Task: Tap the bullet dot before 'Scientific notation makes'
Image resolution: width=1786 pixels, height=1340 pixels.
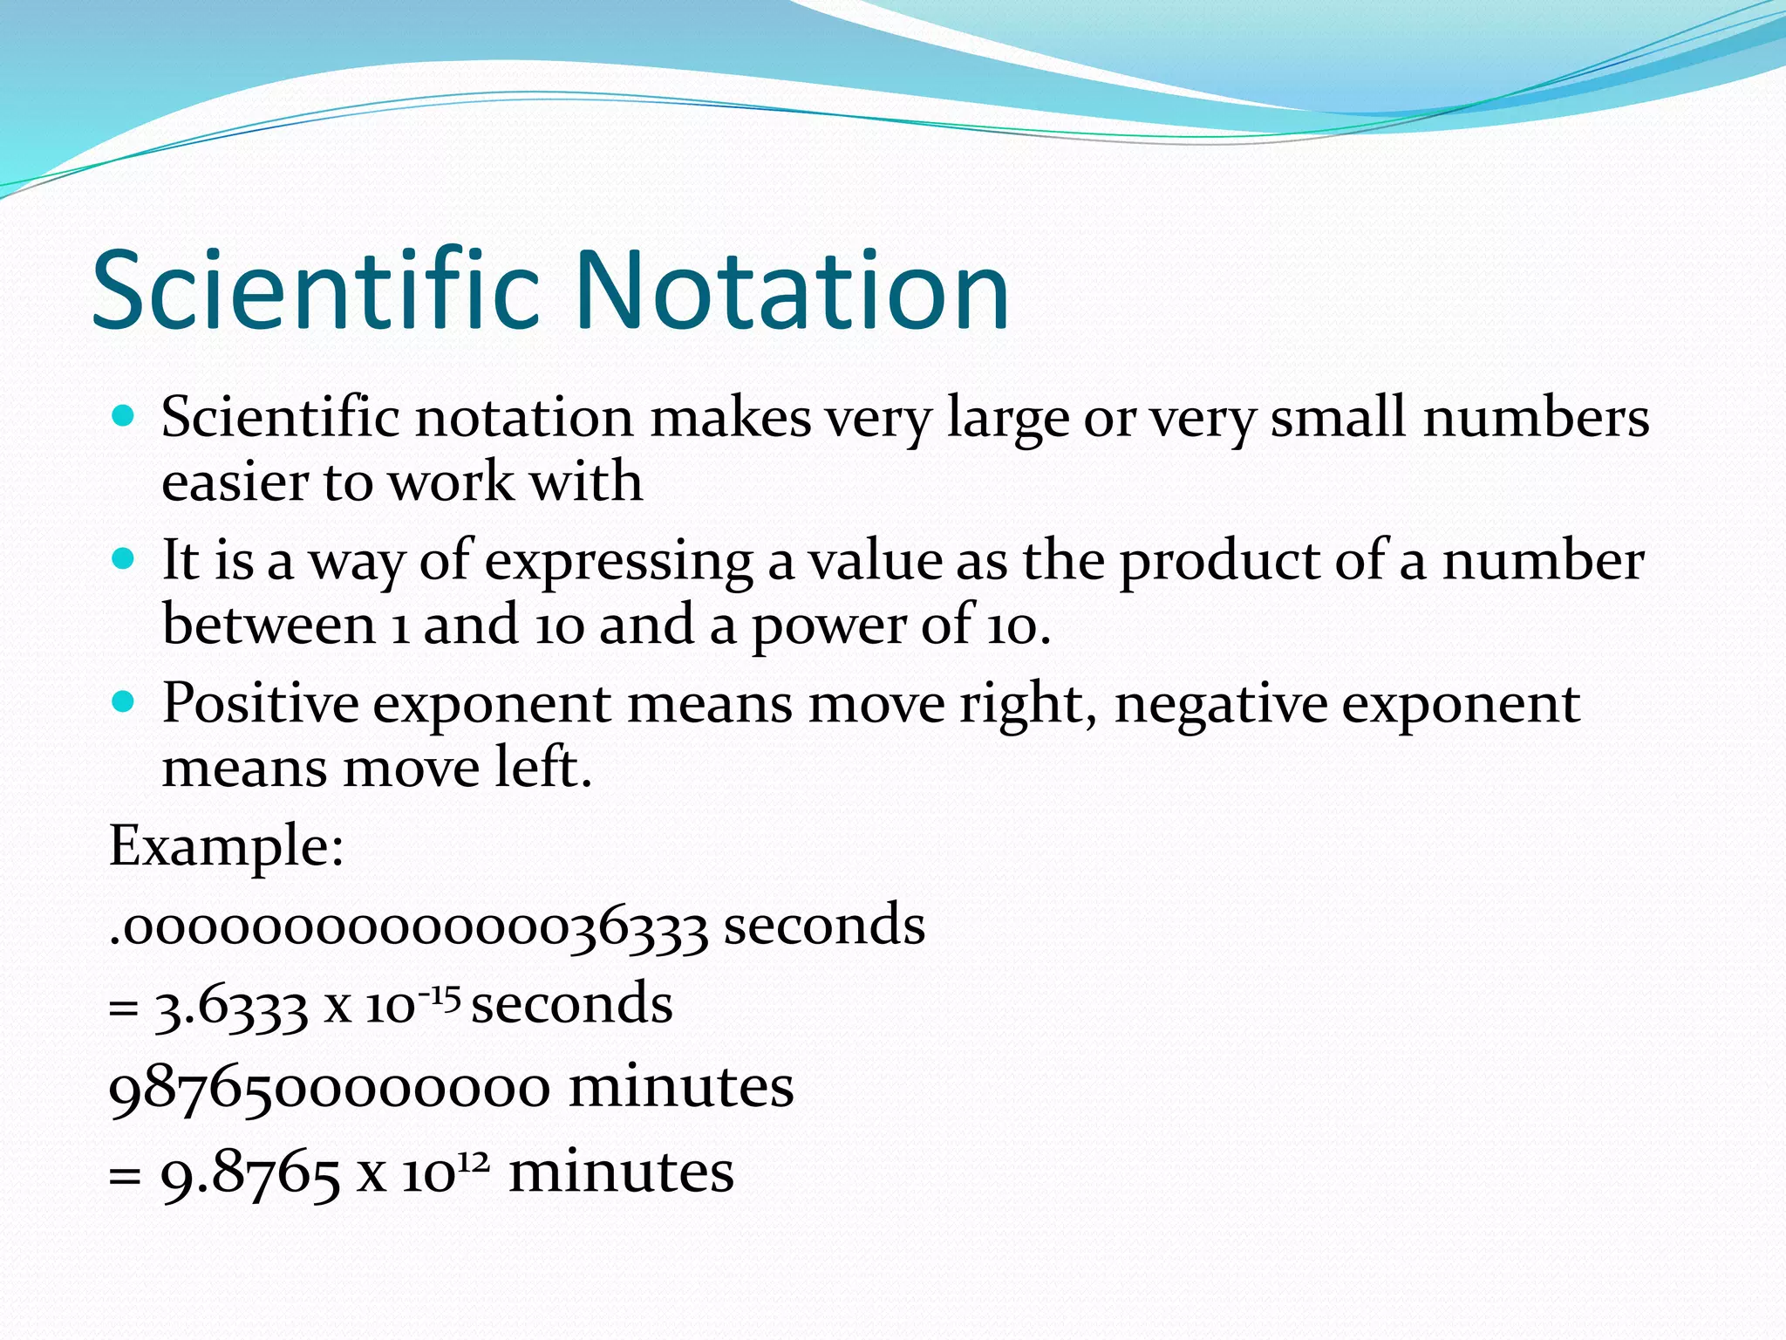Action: coord(124,416)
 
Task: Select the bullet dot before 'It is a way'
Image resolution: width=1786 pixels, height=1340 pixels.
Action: coord(124,558)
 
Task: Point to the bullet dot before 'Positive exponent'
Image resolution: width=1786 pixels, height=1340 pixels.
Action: coord(124,701)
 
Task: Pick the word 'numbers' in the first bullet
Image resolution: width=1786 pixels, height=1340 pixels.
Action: coord(1536,417)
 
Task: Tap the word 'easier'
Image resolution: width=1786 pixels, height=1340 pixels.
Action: coord(235,482)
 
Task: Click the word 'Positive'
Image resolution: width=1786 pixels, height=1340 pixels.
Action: coord(260,703)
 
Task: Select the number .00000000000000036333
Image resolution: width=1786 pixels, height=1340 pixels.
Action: coord(408,927)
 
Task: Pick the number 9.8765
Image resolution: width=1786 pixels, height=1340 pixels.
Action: coord(250,1173)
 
